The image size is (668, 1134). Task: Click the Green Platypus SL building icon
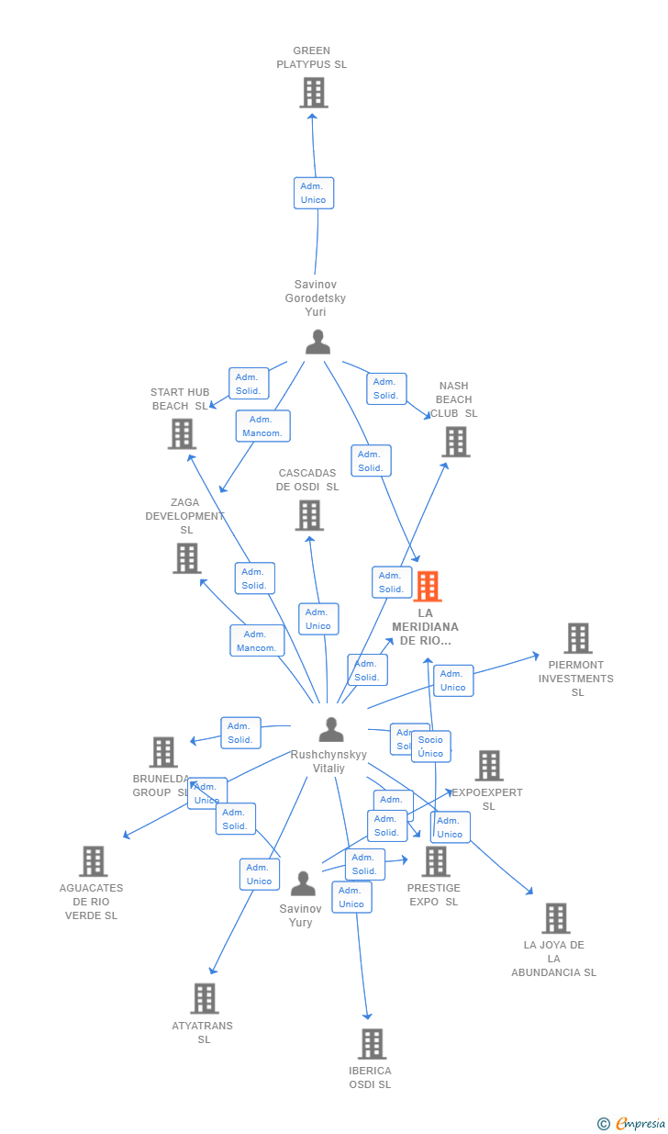pos(314,93)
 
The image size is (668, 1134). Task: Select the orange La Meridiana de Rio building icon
pos(428,587)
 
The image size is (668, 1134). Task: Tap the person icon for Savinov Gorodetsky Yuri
pos(317,342)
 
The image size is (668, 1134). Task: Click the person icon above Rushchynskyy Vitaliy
pos(330,730)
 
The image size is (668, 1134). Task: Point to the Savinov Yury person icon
pos(303,884)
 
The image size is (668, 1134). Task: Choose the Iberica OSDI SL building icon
pos(372,1044)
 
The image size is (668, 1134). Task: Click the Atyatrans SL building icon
pos(205,999)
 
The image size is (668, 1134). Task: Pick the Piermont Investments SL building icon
pos(578,638)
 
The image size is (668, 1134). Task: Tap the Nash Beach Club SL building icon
pos(455,442)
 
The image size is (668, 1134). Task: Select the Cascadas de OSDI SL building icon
pos(309,515)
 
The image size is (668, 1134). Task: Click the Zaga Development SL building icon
pos(187,558)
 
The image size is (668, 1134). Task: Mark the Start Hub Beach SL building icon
pos(182,433)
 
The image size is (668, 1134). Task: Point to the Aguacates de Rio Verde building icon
pos(93,861)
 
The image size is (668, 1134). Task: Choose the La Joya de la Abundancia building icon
pos(555,918)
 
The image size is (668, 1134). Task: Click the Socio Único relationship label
pos(430,747)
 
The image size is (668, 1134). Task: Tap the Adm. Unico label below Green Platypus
pos(314,193)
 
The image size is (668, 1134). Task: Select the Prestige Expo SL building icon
pos(436,861)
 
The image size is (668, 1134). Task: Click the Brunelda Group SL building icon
pos(162,752)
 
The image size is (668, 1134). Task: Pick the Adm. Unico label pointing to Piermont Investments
pos(453,680)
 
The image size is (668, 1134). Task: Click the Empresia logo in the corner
pos(633,1123)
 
